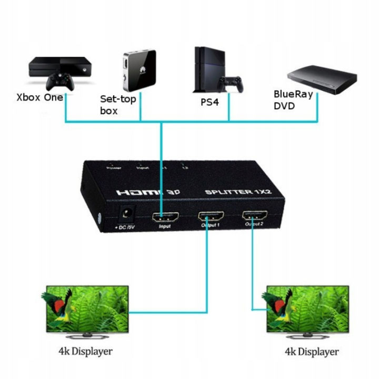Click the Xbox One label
point(39,97)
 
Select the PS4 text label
point(209,102)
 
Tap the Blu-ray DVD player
point(321,79)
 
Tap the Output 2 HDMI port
point(254,215)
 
